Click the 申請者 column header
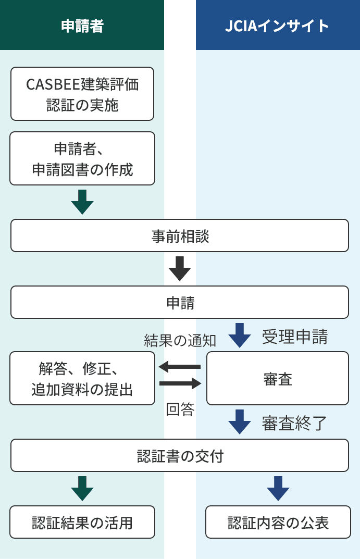(x=82, y=26)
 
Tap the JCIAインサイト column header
(x=278, y=26)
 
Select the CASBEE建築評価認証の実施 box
(x=82, y=94)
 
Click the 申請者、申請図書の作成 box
(x=82, y=158)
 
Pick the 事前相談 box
(x=180, y=235)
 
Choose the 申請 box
(x=180, y=302)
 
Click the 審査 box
(x=278, y=378)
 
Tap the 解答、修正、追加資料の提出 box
(x=82, y=378)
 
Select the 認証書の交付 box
(x=180, y=455)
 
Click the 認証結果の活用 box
(x=82, y=522)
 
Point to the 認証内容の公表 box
(x=278, y=522)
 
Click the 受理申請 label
(x=295, y=337)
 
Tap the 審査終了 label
(x=295, y=423)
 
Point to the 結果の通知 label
(x=180, y=340)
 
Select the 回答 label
(x=180, y=410)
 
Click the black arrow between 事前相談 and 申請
(x=180, y=268)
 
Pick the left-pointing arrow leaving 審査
(x=180, y=367)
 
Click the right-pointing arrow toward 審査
(x=180, y=383)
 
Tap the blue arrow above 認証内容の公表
(x=278, y=488)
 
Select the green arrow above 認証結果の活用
(x=82, y=488)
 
